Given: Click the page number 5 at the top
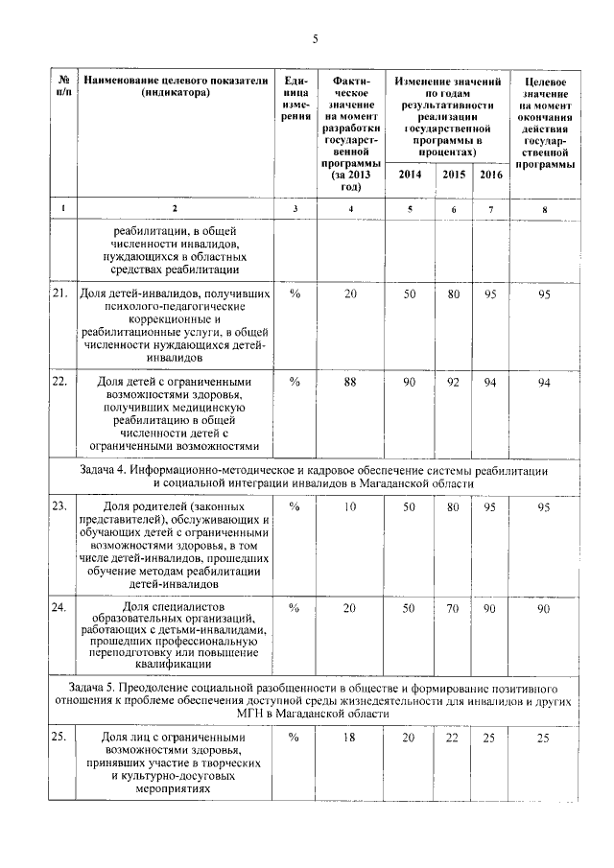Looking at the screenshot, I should click(314, 38).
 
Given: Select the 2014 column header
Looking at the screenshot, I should click(410, 175).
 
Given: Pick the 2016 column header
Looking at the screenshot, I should click(490, 175).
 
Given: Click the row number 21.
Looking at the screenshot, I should click(59, 293).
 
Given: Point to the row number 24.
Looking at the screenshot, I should click(59, 607).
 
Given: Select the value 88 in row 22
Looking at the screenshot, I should click(350, 383).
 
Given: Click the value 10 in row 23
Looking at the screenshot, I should click(350, 506).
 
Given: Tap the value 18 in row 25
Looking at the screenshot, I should click(350, 737).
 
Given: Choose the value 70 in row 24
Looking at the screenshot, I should click(453, 608).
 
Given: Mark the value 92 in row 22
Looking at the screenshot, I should click(453, 383).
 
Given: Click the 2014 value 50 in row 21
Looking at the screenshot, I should click(410, 293).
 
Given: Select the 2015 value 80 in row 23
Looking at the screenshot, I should click(453, 506).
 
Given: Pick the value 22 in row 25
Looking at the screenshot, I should click(453, 737).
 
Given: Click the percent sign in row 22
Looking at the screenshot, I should click(295, 383).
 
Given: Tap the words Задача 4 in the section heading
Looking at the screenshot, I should click(106, 472).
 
